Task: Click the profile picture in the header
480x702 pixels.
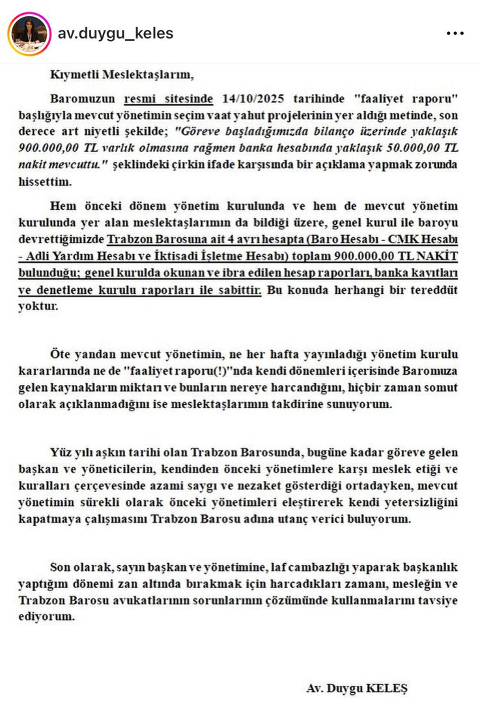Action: [x=29, y=33]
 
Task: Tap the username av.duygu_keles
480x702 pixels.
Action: [x=115, y=33]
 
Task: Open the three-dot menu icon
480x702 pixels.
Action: [x=455, y=33]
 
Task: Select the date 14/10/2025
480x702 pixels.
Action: [x=247, y=99]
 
